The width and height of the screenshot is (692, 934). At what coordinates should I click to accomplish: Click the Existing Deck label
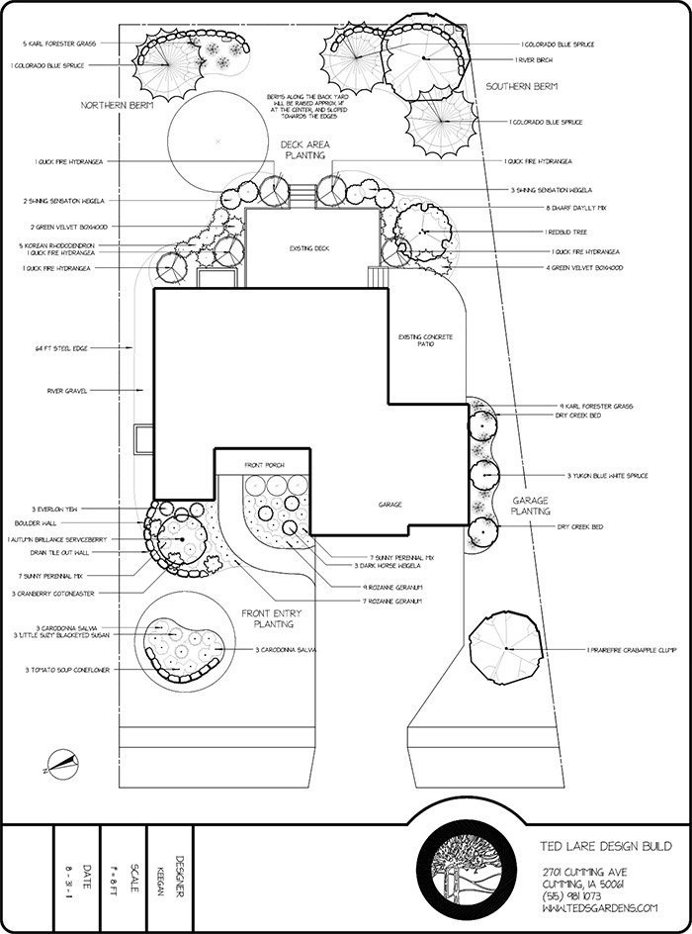pos(308,248)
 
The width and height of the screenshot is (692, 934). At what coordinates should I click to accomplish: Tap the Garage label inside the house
pos(389,505)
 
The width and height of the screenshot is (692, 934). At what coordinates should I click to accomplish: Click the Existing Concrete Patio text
pos(425,340)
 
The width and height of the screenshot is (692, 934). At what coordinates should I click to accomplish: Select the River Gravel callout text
pos(68,391)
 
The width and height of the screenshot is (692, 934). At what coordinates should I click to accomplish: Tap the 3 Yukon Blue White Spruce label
pos(607,476)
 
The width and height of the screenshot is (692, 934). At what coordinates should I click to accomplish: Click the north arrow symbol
pos(61,763)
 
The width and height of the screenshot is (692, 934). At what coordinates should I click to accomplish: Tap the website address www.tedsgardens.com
pos(599,906)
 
